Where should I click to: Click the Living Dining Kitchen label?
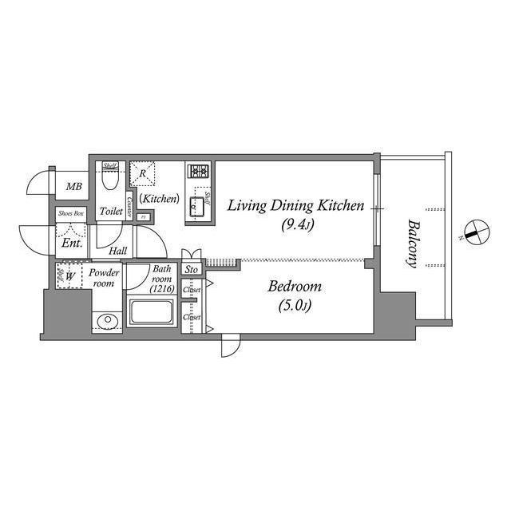coord(295,206)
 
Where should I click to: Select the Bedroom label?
coord(295,286)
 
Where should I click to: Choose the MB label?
coord(73,187)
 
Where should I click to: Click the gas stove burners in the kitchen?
coord(198,171)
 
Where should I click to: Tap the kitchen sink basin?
coord(197,208)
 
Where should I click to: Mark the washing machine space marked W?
coord(71,277)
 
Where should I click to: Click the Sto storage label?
coord(191,271)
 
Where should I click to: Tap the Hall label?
coord(117,251)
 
